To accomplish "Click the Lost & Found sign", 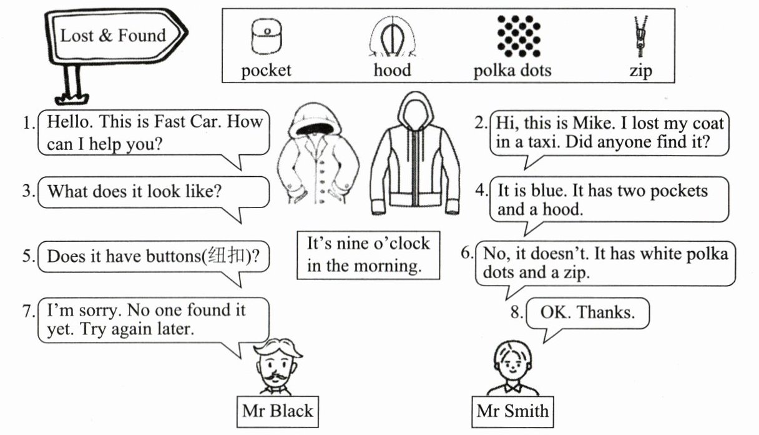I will point(113,36).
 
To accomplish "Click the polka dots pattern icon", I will point(514,35).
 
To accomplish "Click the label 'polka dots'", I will point(512,69).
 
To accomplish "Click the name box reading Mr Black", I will point(277,411).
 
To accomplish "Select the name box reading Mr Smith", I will point(512,411).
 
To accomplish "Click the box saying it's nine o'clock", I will point(368,254).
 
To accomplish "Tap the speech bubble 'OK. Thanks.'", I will point(587,312).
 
